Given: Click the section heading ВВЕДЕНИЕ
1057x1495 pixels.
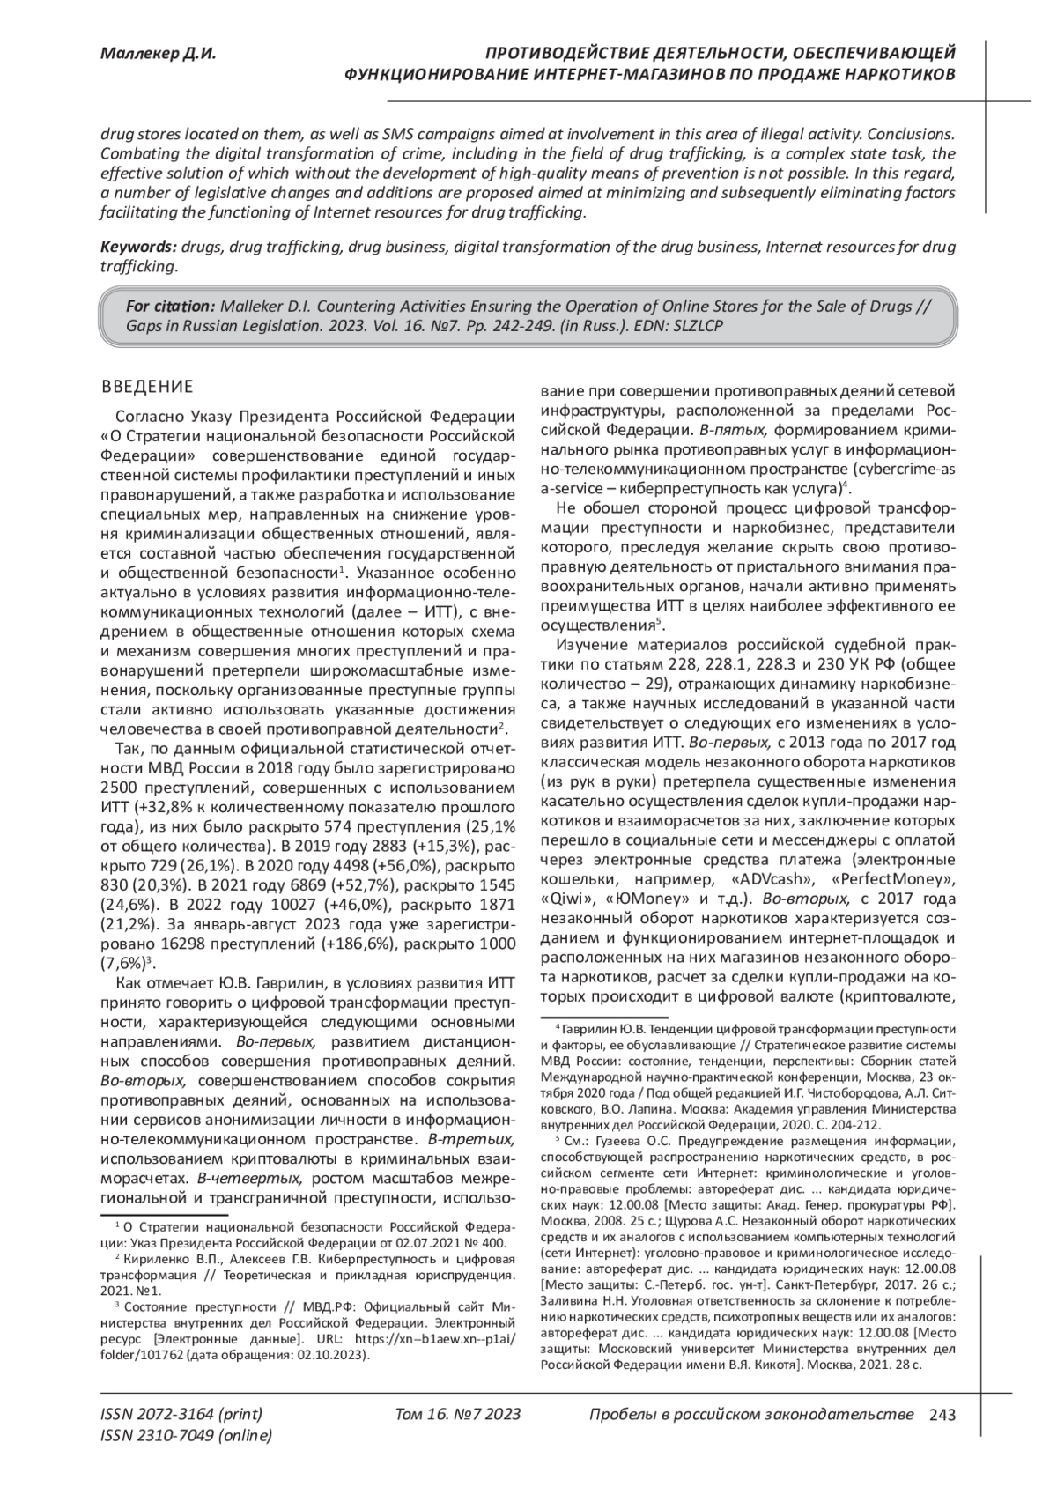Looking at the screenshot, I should click(x=147, y=386).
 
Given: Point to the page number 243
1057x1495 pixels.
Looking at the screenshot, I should click(x=942, y=1415).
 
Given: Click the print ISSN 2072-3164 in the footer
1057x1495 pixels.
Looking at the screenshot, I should click(x=181, y=1415).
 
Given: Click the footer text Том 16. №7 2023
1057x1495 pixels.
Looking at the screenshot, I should click(x=458, y=1415).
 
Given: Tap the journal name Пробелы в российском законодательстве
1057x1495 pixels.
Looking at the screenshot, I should click(x=750, y=1415).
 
